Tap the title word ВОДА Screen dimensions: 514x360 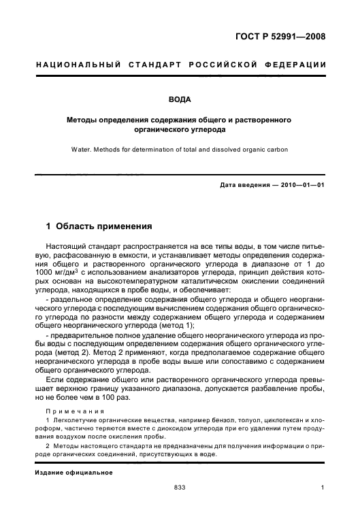180,99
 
